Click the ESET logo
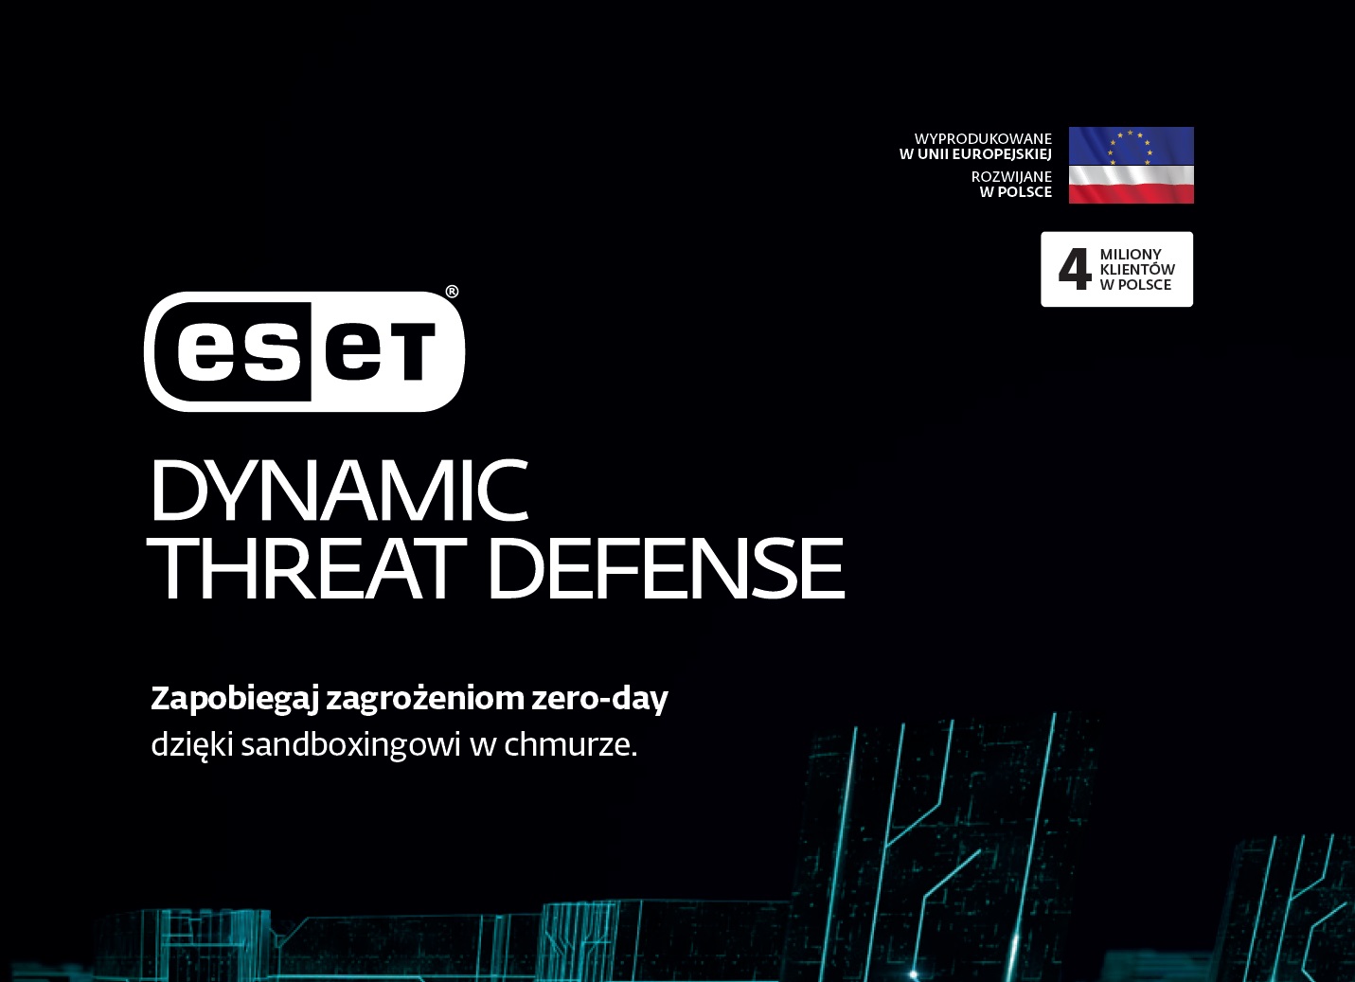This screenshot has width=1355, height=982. click(x=304, y=351)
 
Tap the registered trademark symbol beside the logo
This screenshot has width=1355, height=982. click(x=452, y=292)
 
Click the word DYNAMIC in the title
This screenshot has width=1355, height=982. click(x=339, y=491)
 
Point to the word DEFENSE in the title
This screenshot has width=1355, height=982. click(x=666, y=569)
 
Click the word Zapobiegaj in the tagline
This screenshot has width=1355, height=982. click(x=235, y=700)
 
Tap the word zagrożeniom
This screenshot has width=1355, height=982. click(x=424, y=700)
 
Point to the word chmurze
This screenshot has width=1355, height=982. click(x=570, y=745)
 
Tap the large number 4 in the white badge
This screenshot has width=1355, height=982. click(x=1075, y=269)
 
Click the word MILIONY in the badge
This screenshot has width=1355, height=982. click(x=1131, y=254)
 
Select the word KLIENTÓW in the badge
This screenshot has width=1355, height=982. click(x=1137, y=269)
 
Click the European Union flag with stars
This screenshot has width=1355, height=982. click(x=1132, y=146)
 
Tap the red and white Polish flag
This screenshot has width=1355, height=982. click(x=1132, y=185)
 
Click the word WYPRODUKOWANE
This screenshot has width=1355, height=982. click(x=983, y=139)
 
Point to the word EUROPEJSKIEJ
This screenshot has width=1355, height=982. click(x=1003, y=154)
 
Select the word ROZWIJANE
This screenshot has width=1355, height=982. click(x=1011, y=177)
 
